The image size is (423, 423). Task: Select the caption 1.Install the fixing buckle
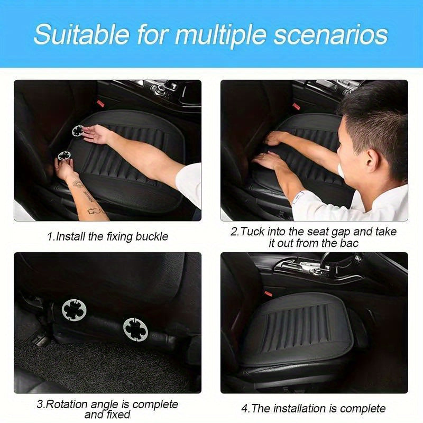(107, 236)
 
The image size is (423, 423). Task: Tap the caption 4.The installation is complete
(314, 408)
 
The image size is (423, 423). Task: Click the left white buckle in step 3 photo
(73, 309)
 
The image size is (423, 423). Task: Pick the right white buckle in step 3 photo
(135, 329)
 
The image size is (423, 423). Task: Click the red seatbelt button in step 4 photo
(268, 292)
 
